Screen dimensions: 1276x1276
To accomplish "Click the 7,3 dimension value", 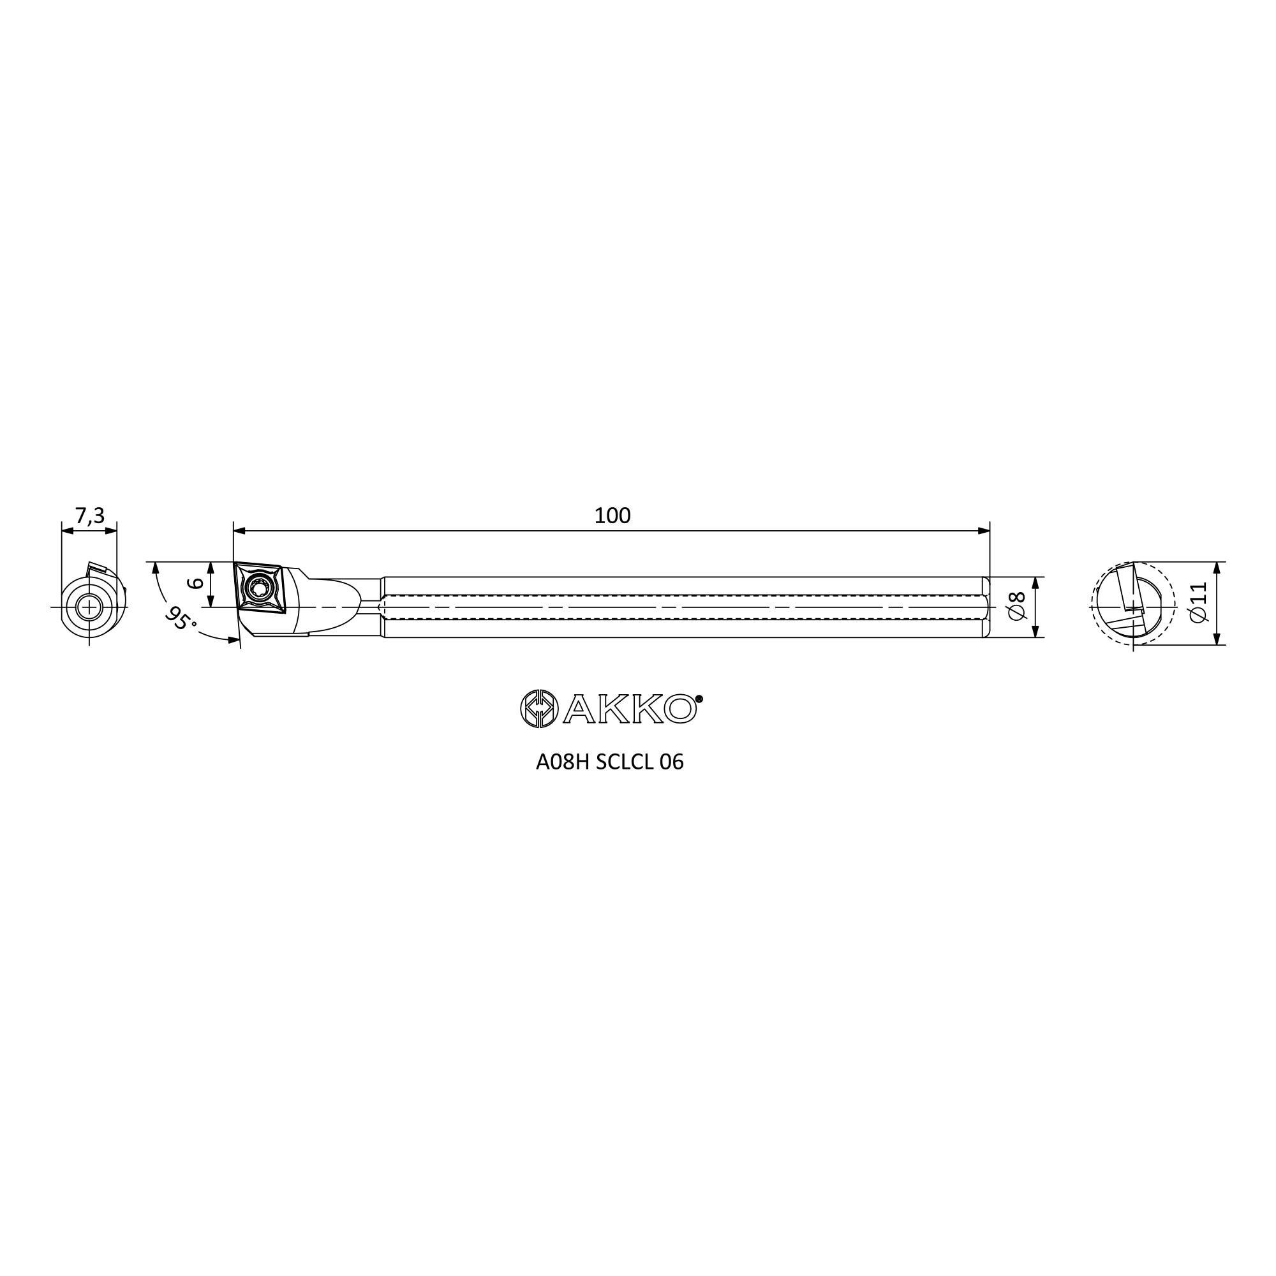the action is tap(90, 516).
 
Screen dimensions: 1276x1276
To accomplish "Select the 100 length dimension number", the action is tap(612, 516).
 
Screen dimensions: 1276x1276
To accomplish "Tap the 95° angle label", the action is tap(181, 618).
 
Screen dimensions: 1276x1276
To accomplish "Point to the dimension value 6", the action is tap(194, 584).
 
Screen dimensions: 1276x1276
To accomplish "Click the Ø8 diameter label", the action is tap(1017, 606).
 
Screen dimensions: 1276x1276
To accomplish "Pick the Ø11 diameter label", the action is tap(1198, 602).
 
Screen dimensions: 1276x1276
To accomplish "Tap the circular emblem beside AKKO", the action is tap(540, 709).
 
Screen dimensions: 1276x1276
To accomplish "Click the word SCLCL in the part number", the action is tap(623, 762).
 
